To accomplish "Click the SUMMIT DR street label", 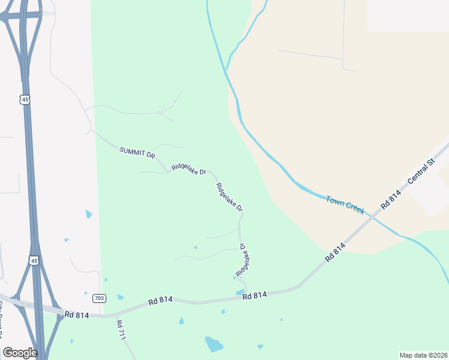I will coord(137,152).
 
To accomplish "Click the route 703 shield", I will coord(100,298).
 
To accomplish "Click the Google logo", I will coord(20,353).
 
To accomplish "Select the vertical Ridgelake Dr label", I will coord(243,260).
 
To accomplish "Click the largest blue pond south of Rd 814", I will coord(214,344).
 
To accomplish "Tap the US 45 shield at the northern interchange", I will coord(25,100).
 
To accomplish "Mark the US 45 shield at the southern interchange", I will coord(34,260).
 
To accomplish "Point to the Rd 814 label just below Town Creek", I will coord(336,250).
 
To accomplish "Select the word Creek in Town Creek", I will coord(354,208).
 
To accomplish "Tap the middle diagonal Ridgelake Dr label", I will coord(229,197).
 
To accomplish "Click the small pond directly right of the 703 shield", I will coord(120,297).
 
